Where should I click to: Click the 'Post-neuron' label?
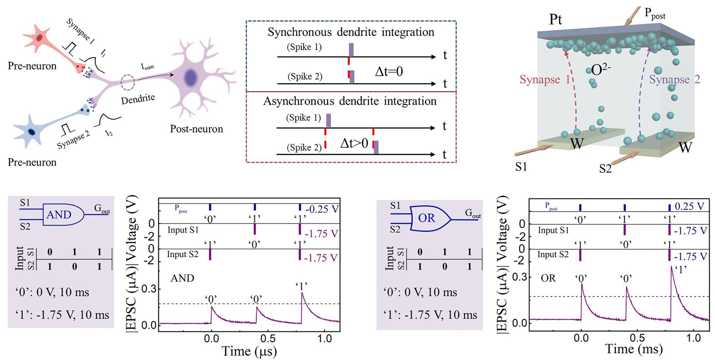point(196,129)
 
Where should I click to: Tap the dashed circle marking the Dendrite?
point(127,82)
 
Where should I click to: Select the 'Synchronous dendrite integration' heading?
point(351,32)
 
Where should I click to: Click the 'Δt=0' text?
point(389,72)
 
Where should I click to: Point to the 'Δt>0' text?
point(354,143)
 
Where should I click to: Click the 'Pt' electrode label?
point(555,20)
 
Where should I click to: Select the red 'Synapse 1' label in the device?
point(545,80)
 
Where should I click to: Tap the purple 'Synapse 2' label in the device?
point(675,80)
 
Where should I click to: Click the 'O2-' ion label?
point(600,70)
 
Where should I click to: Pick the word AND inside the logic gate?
point(59,214)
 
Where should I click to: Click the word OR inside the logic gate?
point(427,218)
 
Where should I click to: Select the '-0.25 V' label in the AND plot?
point(322,209)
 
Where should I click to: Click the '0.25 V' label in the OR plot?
point(689,206)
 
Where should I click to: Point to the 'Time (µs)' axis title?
point(249,351)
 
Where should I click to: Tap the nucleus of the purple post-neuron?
point(191,78)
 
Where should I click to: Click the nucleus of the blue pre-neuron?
point(32,132)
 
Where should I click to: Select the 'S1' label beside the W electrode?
point(521,167)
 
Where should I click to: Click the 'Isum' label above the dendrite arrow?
point(147,66)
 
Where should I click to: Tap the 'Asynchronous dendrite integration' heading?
point(350,101)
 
